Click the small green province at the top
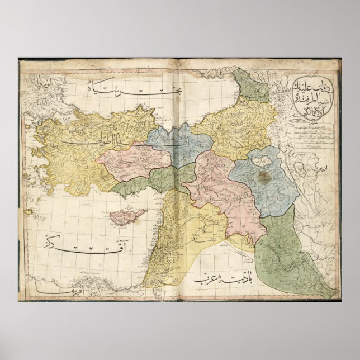click(x=251, y=84)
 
